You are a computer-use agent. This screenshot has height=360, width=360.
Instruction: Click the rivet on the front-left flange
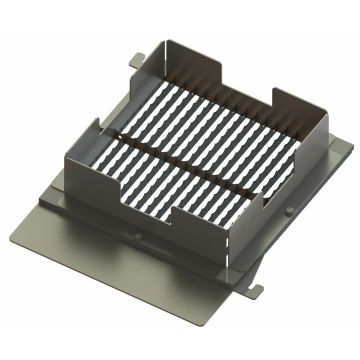click(146, 237)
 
